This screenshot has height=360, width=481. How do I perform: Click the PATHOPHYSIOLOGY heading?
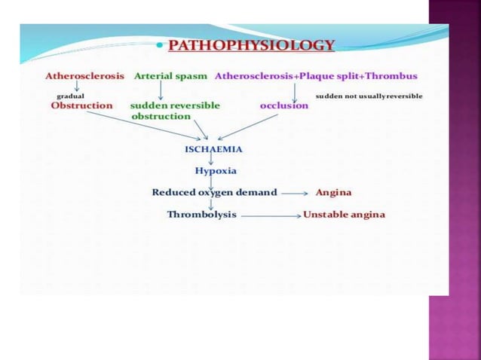(x=250, y=45)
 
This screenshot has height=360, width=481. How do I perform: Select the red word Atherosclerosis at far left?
(x=84, y=77)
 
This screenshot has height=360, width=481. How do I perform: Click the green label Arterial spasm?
(x=171, y=77)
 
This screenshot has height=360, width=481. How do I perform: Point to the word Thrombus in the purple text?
(x=391, y=77)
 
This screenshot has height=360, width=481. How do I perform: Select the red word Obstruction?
(x=81, y=106)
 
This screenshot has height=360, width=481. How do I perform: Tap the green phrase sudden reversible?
(x=175, y=106)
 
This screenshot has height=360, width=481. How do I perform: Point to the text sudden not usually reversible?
(x=369, y=96)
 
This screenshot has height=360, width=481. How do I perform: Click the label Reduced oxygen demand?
(x=214, y=192)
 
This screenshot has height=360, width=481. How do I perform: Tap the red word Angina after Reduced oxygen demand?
(x=333, y=192)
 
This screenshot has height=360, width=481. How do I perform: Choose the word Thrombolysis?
(x=201, y=215)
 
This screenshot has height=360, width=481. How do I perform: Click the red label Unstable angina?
(x=344, y=215)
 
